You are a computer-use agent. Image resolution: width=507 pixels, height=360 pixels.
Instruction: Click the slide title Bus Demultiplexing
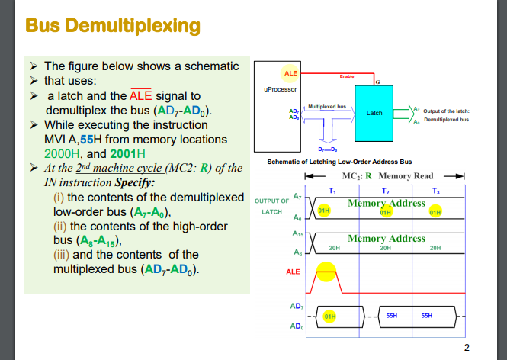pos(113,26)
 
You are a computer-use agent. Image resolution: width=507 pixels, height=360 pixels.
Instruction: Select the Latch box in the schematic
pos(374,113)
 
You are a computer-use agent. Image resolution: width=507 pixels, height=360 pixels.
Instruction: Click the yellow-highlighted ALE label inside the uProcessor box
pos(290,72)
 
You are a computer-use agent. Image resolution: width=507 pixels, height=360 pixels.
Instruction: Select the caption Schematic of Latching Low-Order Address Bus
pos(339,162)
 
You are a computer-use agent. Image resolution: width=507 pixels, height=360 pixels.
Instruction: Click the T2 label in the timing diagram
pos(385,190)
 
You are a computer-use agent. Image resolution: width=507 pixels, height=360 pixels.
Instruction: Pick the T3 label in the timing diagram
pos(435,190)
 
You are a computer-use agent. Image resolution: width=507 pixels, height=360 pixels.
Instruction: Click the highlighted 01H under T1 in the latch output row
pos(323,209)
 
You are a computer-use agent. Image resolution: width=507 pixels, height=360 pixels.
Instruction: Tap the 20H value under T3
pos(435,248)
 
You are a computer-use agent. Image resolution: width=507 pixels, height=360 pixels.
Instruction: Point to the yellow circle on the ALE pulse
pos(326,272)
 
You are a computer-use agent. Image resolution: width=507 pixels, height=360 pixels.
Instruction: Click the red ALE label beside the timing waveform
pos(293,271)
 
